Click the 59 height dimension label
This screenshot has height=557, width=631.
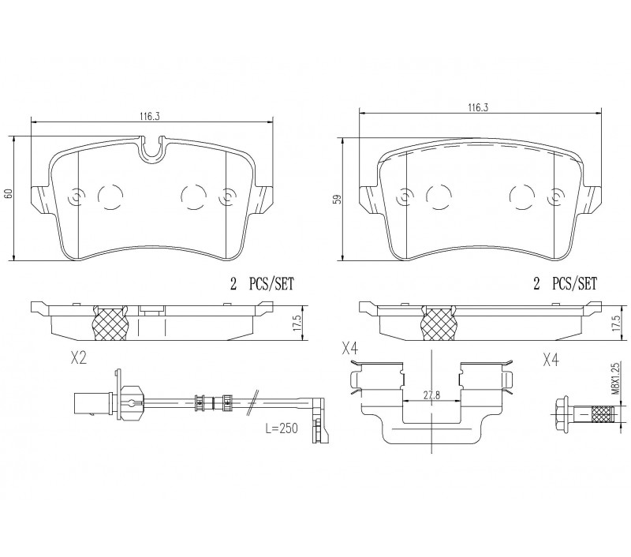(x=338, y=200)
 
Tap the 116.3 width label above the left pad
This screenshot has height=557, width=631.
(x=150, y=117)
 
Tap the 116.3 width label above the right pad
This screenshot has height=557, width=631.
(x=478, y=107)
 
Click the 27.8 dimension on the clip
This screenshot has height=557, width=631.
(x=431, y=394)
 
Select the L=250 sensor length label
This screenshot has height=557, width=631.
(x=282, y=428)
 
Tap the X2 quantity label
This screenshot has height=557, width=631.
(x=78, y=359)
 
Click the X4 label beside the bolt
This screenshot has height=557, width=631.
(x=551, y=361)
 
